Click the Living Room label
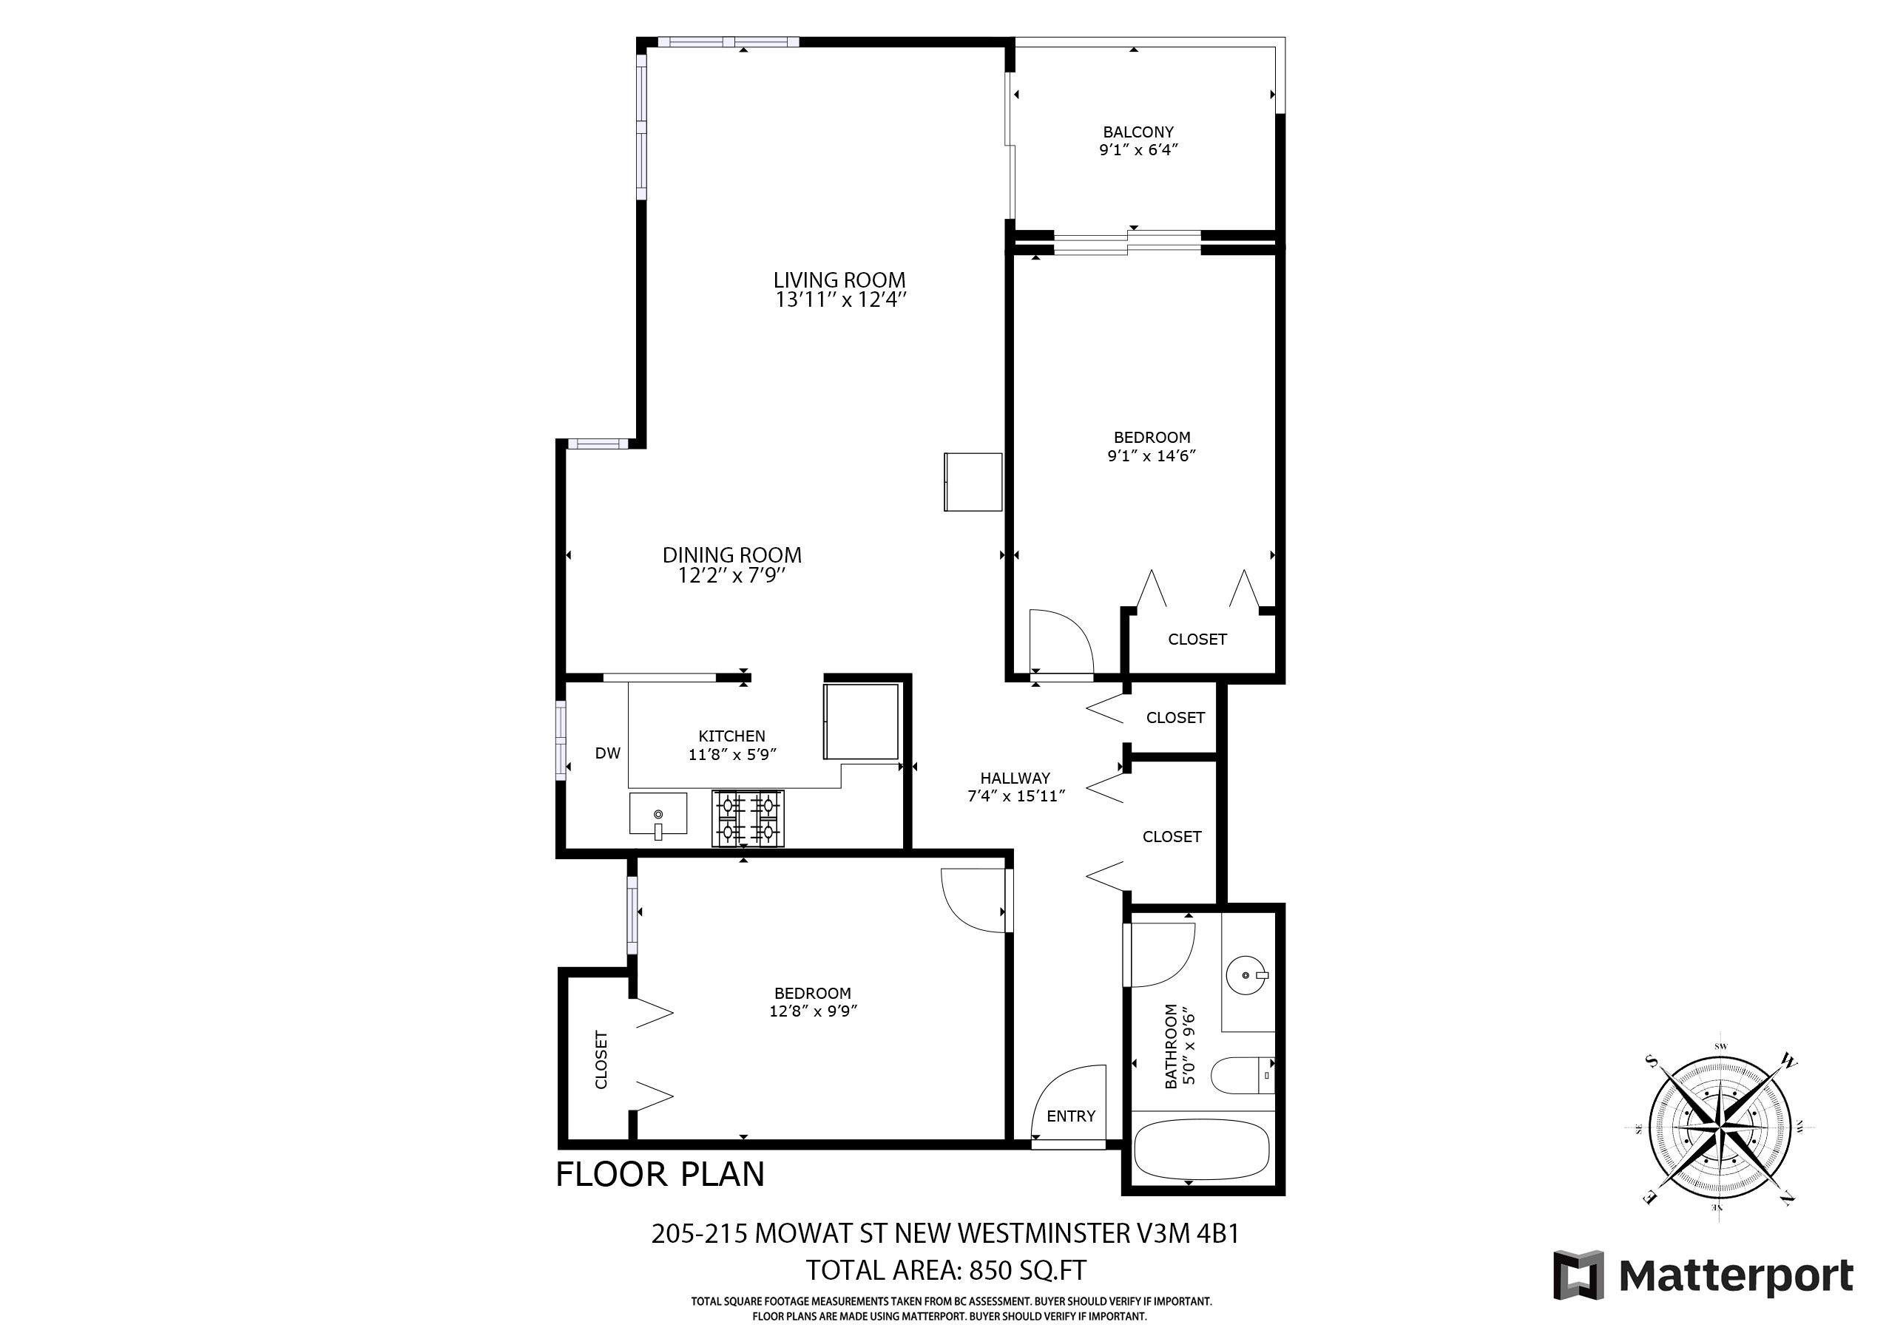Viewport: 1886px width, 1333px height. pyautogui.click(x=839, y=280)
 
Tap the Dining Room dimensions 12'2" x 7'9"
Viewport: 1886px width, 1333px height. pyautogui.click(x=732, y=576)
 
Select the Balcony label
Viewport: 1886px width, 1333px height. pyautogui.click(x=1138, y=132)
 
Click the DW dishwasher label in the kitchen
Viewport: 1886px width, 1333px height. pyautogui.click(x=608, y=753)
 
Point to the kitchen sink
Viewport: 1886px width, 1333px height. pyautogui.click(x=658, y=814)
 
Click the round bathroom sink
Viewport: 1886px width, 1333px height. pyautogui.click(x=1247, y=975)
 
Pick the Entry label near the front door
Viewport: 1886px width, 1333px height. pyautogui.click(x=1071, y=1116)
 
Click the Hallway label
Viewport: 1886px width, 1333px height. pyautogui.click(x=1015, y=778)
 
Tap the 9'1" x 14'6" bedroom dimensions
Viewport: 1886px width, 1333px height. pyautogui.click(x=1151, y=456)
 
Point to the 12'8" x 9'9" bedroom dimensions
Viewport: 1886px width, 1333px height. pyautogui.click(x=814, y=1011)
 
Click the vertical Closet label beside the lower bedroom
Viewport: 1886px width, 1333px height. pyautogui.click(x=601, y=1059)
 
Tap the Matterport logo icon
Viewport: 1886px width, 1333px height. pyautogui.click(x=1578, y=1275)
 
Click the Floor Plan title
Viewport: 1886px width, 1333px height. pyautogui.click(x=660, y=1175)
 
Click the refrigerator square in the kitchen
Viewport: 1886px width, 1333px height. pyautogui.click(x=861, y=721)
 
